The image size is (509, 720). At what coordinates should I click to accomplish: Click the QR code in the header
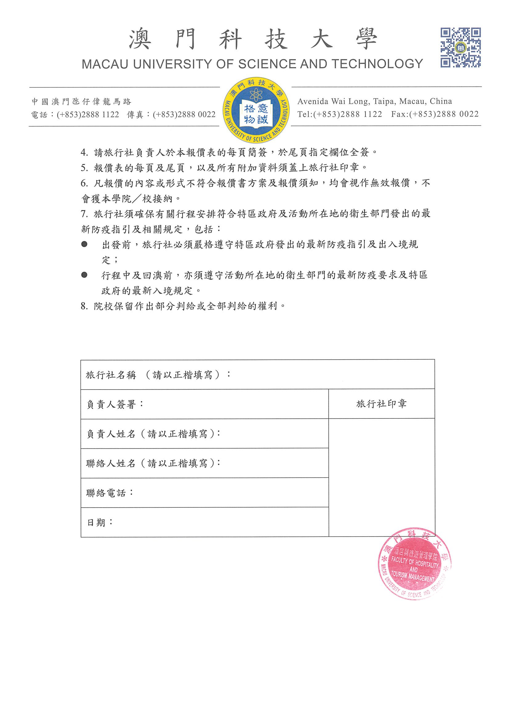pyautogui.click(x=460, y=47)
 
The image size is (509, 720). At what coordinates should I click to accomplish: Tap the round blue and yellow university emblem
pyautogui.click(x=256, y=110)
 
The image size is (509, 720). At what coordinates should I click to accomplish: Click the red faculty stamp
pyautogui.click(x=414, y=563)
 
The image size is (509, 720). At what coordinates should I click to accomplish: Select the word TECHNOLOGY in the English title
pyautogui.click(x=377, y=64)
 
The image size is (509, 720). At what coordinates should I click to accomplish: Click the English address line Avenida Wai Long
pyautogui.click(x=375, y=101)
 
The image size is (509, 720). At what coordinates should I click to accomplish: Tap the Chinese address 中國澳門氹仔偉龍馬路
pyautogui.click(x=81, y=102)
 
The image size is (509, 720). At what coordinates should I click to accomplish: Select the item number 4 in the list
pyautogui.click(x=84, y=152)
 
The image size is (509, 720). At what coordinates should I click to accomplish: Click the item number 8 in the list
pyautogui.click(x=84, y=306)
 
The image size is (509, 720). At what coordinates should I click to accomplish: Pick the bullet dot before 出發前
pyautogui.click(x=84, y=244)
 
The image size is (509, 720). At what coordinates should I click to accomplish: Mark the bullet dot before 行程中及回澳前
pyautogui.click(x=84, y=275)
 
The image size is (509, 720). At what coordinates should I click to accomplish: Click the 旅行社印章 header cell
pyautogui.click(x=381, y=404)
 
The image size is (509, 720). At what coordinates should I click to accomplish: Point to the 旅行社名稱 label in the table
pyautogui.click(x=111, y=375)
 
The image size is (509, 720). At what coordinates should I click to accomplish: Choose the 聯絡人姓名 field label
pyautogui.click(x=111, y=463)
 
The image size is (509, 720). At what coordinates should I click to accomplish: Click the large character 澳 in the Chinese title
pyautogui.click(x=140, y=39)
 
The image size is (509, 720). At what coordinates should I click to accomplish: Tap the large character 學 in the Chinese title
pyautogui.click(x=366, y=39)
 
